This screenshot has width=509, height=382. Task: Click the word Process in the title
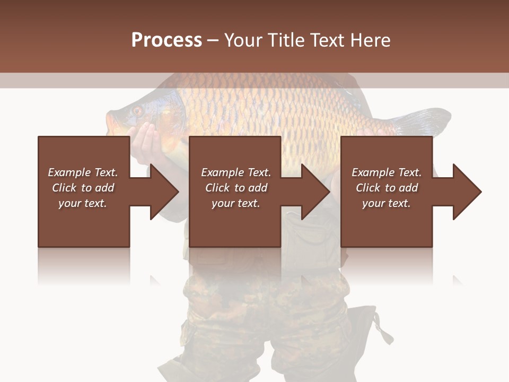click(166, 40)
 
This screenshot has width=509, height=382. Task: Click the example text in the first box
click(83, 188)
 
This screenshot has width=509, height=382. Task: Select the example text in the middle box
click(236, 188)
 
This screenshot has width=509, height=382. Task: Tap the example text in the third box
click(387, 188)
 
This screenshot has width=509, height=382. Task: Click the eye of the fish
click(137, 111)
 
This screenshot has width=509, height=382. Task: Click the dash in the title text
click(213, 40)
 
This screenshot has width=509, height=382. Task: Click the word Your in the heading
click(243, 40)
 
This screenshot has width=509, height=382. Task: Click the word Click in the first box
click(65, 188)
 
